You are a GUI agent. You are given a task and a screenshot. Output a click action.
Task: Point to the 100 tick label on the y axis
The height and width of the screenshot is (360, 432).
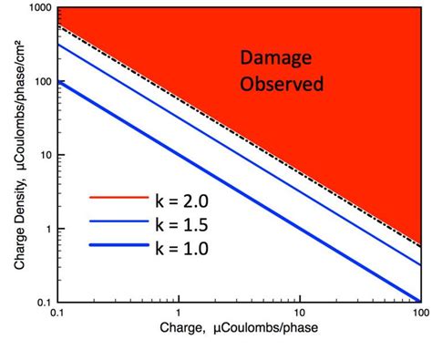pos(41,82)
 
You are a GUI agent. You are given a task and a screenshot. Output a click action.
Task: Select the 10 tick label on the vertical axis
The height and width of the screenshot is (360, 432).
pos(44,155)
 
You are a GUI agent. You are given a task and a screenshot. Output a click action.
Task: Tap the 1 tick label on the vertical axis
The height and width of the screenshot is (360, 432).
pos(46,228)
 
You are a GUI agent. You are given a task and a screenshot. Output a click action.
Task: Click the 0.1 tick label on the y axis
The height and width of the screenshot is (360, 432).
pos(42,301)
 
